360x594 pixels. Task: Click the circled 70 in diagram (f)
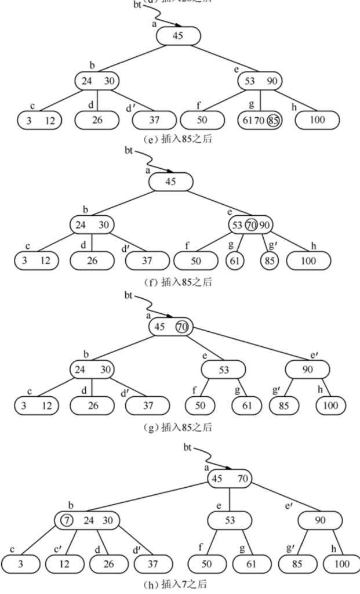pos(250,224)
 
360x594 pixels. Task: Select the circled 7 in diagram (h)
pos(67,520)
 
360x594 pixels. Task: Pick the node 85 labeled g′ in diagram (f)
pos(270,260)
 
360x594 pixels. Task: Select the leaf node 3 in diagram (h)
pos(21,563)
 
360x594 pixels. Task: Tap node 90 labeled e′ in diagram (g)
pos(307,369)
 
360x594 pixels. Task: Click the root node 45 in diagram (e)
pos(179,36)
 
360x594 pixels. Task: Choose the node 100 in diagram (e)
pos(318,121)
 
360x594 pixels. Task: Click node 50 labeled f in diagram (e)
pos(202,121)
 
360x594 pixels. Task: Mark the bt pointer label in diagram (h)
pos(187,447)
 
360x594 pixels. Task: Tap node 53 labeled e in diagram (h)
pos(230,520)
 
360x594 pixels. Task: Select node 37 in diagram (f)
pos(147,260)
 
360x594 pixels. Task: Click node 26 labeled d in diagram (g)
pos(93,405)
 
